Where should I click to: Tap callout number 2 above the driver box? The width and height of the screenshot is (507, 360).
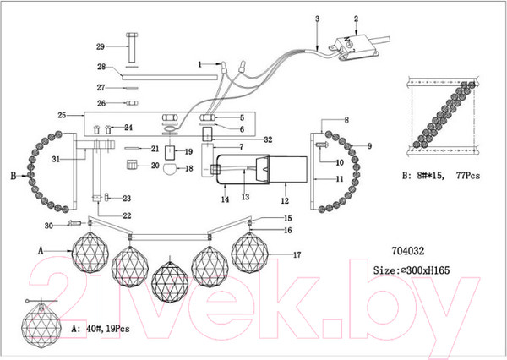click(356, 18)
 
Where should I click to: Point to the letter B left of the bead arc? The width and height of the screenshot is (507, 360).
click(13, 177)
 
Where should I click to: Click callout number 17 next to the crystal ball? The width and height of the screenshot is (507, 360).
click(297, 254)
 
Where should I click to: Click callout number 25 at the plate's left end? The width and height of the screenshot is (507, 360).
click(62, 114)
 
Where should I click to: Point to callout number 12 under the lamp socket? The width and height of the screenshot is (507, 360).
click(284, 200)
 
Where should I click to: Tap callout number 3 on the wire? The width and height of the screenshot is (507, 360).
click(317, 18)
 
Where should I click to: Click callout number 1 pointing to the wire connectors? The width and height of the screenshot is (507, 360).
click(200, 63)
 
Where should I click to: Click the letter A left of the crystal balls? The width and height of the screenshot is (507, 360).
click(41, 251)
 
